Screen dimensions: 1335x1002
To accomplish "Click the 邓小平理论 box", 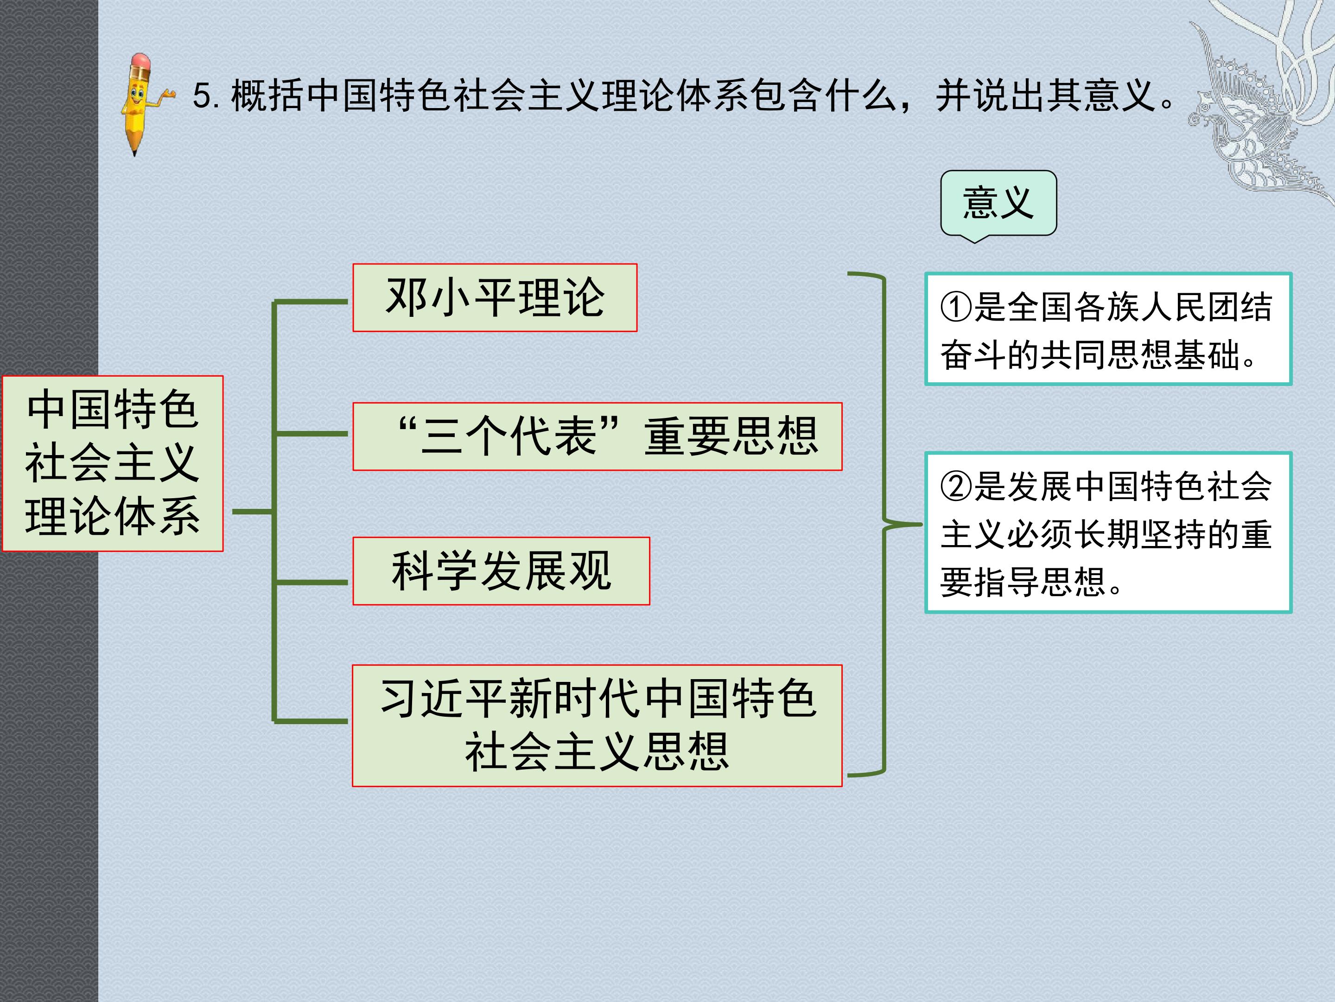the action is click(x=495, y=298).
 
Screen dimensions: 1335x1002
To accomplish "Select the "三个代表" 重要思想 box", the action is click(x=598, y=437).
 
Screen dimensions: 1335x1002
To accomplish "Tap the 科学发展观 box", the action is click(x=502, y=571).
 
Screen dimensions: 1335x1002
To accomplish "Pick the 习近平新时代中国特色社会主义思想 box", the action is click(x=598, y=726).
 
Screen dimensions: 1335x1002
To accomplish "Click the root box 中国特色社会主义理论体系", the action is click(x=113, y=463).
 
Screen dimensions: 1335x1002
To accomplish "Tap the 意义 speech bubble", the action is click(x=999, y=204).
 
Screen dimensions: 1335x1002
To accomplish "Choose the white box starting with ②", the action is click(x=1108, y=533).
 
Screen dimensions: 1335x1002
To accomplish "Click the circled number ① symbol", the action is click(x=956, y=308).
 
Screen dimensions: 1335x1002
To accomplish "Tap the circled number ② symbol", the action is click(x=956, y=487).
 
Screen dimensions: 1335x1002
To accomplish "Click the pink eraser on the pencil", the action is click(x=140, y=61).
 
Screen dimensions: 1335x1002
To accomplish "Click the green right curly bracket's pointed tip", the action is click(x=922, y=524).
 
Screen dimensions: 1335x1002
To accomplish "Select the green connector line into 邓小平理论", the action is click(x=311, y=301).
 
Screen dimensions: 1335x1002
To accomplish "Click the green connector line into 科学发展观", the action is click(x=311, y=582).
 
